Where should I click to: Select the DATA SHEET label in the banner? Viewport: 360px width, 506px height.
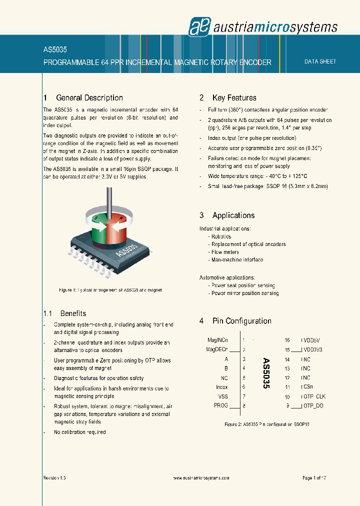(x=320, y=61)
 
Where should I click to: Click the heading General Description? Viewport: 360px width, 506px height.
(x=89, y=98)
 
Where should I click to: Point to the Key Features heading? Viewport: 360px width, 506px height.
(x=234, y=98)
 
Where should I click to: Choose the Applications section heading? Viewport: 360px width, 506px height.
(x=233, y=215)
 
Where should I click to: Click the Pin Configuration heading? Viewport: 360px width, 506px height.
(x=241, y=321)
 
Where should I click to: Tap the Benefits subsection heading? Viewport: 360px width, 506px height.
(x=73, y=313)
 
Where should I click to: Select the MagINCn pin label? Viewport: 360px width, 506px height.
(x=217, y=340)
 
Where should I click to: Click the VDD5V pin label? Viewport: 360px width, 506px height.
(x=312, y=340)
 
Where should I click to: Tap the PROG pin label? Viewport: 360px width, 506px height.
(x=220, y=405)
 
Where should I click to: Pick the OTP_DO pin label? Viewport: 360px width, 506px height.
(x=312, y=406)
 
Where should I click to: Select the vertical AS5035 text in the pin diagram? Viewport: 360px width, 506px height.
(x=266, y=373)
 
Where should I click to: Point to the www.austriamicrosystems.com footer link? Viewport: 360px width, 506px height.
(x=201, y=478)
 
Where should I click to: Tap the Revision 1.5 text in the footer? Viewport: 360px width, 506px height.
(x=54, y=478)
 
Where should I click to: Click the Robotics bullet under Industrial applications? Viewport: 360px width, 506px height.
(x=221, y=236)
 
